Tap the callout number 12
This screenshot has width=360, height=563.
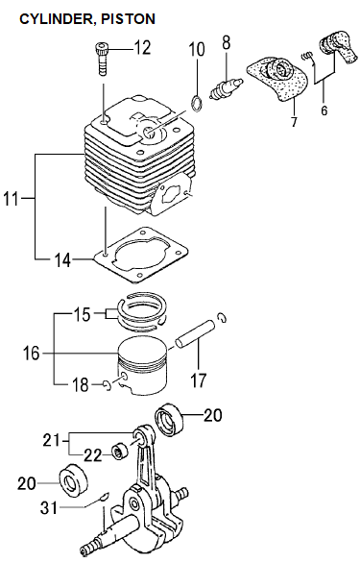click(x=142, y=47)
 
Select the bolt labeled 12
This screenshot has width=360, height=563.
click(x=103, y=59)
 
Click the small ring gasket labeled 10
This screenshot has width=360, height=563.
click(x=197, y=103)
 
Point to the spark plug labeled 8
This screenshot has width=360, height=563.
click(x=227, y=88)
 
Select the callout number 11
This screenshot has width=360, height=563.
click(x=11, y=198)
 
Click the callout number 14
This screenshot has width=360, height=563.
click(x=62, y=260)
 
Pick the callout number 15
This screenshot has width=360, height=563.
click(x=83, y=314)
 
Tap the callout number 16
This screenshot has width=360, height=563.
click(x=32, y=354)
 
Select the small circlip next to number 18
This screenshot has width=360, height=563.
click(x=107, y=385)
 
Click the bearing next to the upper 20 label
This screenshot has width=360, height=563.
click(x=170, y=420)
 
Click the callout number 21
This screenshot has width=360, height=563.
click(x=51, y=440)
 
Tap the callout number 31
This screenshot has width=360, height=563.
click(x=49, y=507)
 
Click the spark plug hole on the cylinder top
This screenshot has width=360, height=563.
click(x=149, y=132)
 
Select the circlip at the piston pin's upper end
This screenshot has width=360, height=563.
click(x=222, y=317)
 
